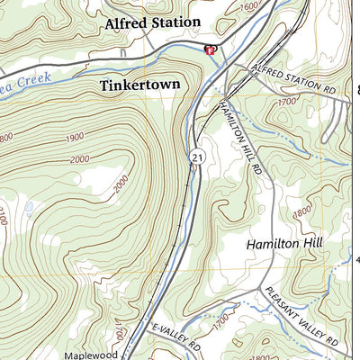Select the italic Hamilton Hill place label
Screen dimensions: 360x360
pos(284,244)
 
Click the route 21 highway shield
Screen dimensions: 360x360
pos(195,158)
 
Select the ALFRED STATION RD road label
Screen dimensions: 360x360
pos(293,79)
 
